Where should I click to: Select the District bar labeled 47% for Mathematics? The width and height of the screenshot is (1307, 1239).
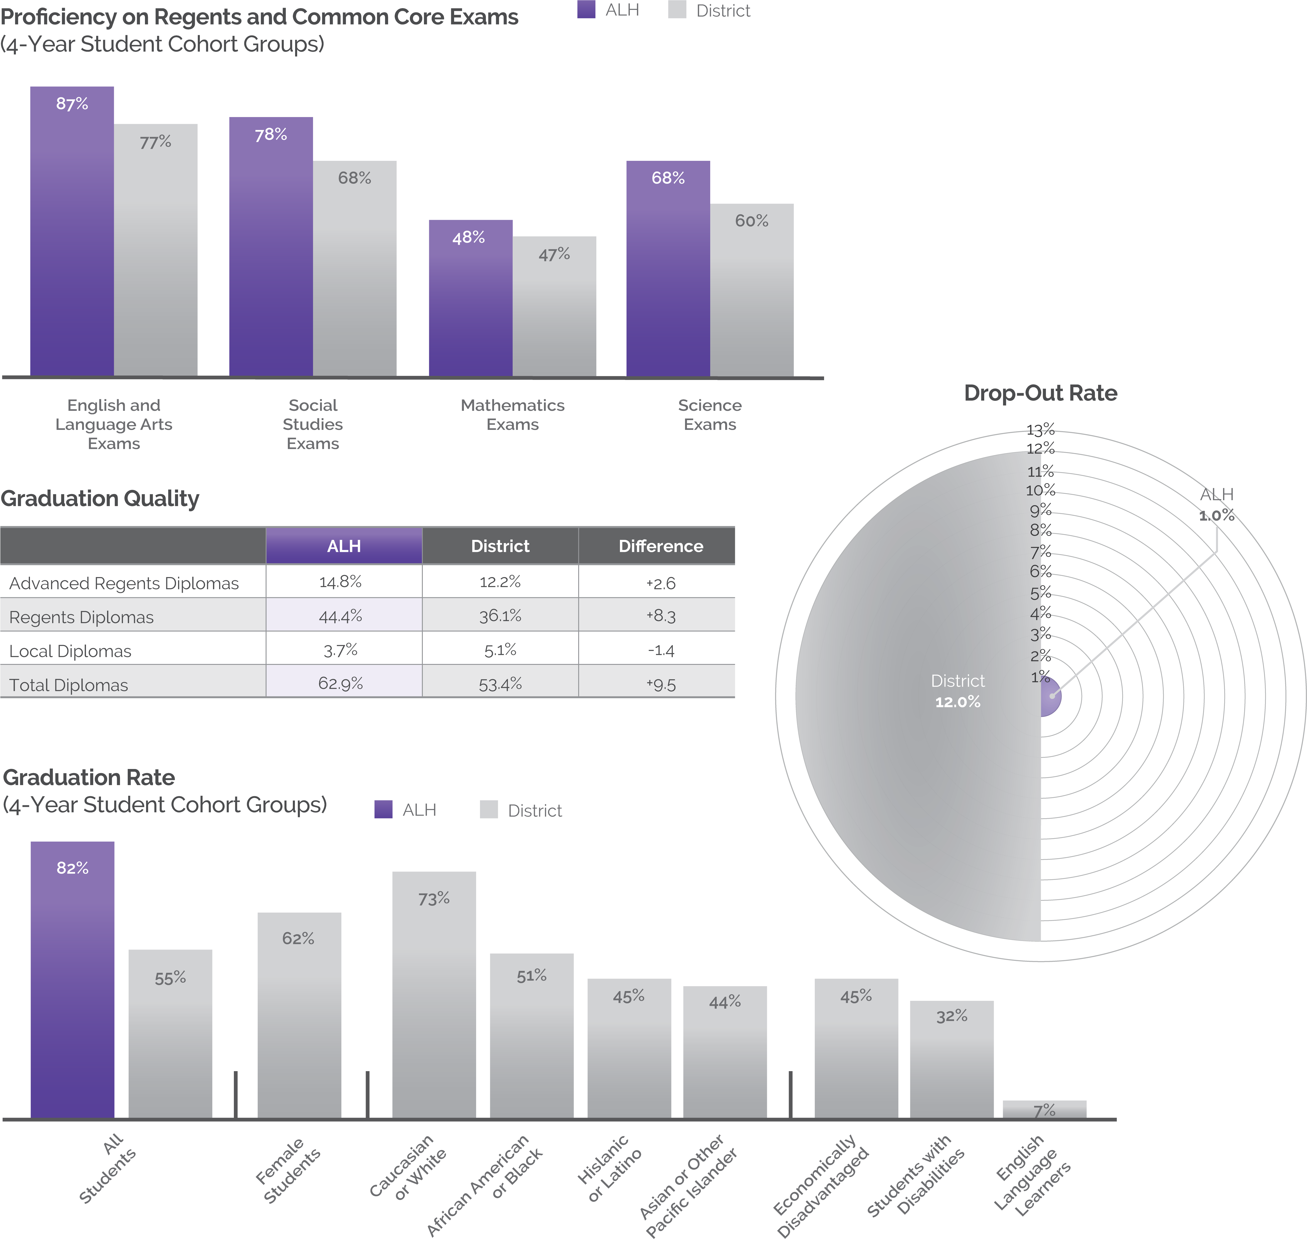point(554,307)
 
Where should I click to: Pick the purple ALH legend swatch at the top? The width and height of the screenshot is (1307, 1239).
point(586,10)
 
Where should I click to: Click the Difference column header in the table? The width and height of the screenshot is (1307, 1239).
point(661,546)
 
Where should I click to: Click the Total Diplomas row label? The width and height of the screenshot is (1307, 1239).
point(69,685)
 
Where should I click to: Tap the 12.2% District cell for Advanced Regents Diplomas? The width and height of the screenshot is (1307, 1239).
point(500,582)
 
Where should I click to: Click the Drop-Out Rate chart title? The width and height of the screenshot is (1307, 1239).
point(1040,393)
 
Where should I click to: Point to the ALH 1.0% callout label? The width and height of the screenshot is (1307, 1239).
point(1216,505)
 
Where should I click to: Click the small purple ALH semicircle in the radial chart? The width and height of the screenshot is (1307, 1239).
point(1050,696)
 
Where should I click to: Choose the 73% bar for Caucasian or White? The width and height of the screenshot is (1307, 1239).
point(434,994)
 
